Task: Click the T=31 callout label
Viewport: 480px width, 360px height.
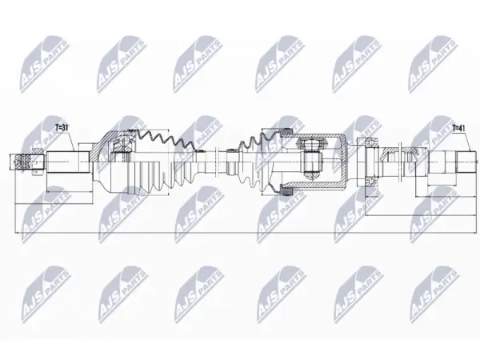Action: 62,127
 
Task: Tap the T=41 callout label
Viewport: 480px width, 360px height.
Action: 459,128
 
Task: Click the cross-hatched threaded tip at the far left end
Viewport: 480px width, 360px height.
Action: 22,162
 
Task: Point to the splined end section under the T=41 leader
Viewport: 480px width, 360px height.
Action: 466,162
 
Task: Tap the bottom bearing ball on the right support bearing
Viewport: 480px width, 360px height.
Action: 370,182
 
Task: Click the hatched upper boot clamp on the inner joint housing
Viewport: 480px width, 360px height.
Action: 287,132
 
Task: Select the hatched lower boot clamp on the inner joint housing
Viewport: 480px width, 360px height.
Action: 287,192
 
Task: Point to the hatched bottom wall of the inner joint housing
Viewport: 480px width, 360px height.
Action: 315,186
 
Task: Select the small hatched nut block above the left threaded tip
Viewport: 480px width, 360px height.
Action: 37,151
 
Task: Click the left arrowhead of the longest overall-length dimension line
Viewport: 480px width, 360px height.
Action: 17,234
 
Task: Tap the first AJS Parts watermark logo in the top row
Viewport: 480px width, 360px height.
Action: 45,64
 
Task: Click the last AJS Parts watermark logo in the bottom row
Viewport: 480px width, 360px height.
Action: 434,294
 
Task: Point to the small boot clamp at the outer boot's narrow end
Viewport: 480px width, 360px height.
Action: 201,150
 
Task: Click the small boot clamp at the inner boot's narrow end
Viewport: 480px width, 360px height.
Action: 230,150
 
